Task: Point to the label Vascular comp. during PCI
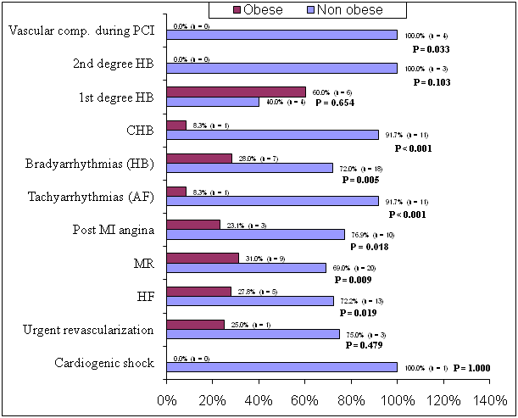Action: point(81,31)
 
